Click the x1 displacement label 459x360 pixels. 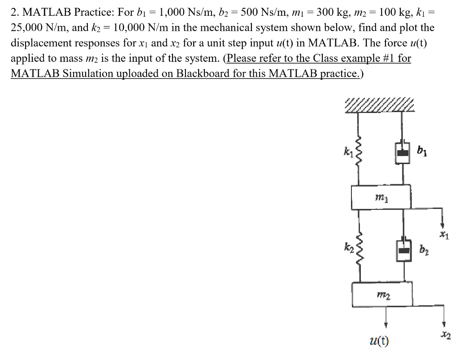coord(443,234)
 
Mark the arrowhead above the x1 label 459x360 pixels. coord(443,225)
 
